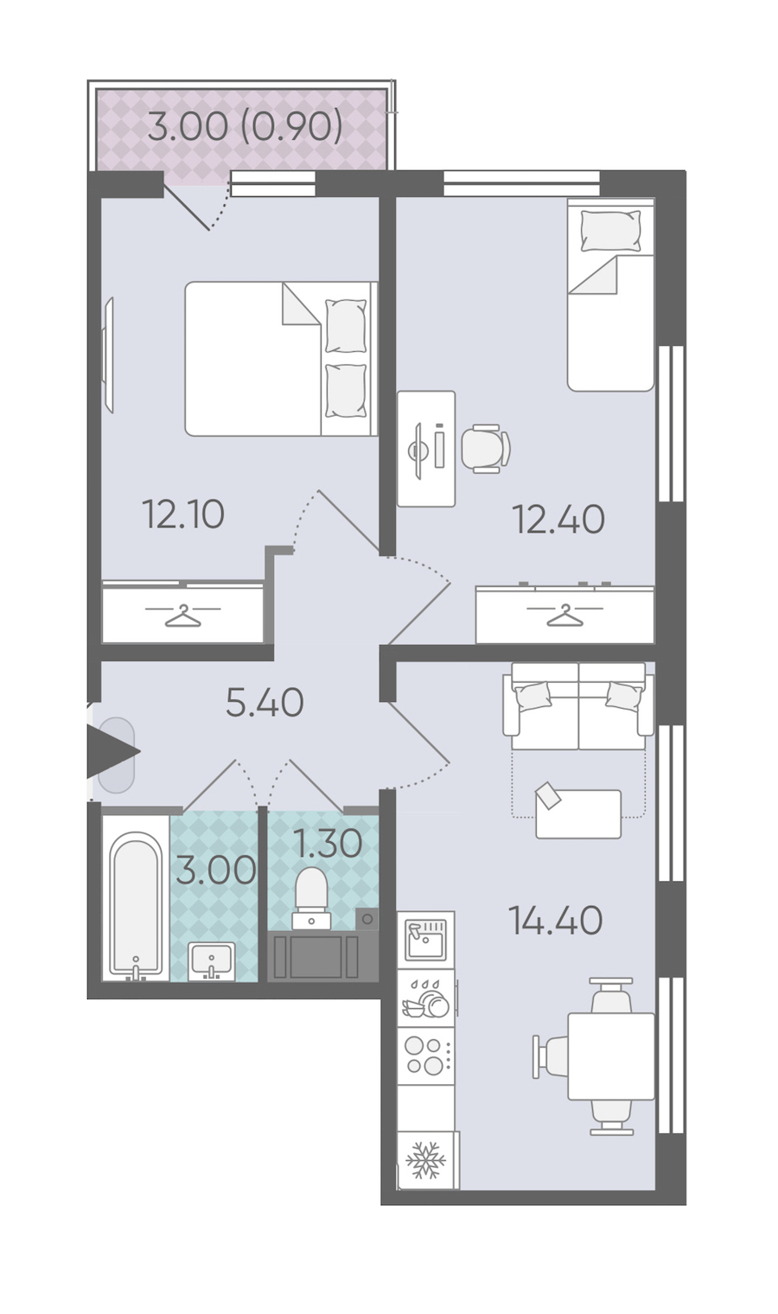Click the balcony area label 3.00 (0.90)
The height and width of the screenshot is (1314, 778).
tap(246, 127)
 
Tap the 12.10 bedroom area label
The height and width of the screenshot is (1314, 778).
tap(183, 514)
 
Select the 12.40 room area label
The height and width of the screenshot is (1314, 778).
tap(558, 520)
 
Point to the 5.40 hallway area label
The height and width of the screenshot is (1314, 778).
tap(265, 702)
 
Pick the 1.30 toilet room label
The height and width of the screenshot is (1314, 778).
tap(328, 844)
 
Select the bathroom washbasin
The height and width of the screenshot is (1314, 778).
tap(211, 961)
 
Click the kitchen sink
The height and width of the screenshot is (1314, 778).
tap(426, 939)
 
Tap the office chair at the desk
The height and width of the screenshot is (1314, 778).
tap(486, 448)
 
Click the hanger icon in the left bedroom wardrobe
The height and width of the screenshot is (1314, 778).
tap(183, 616)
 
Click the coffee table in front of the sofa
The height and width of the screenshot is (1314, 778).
tap(578, 813)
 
